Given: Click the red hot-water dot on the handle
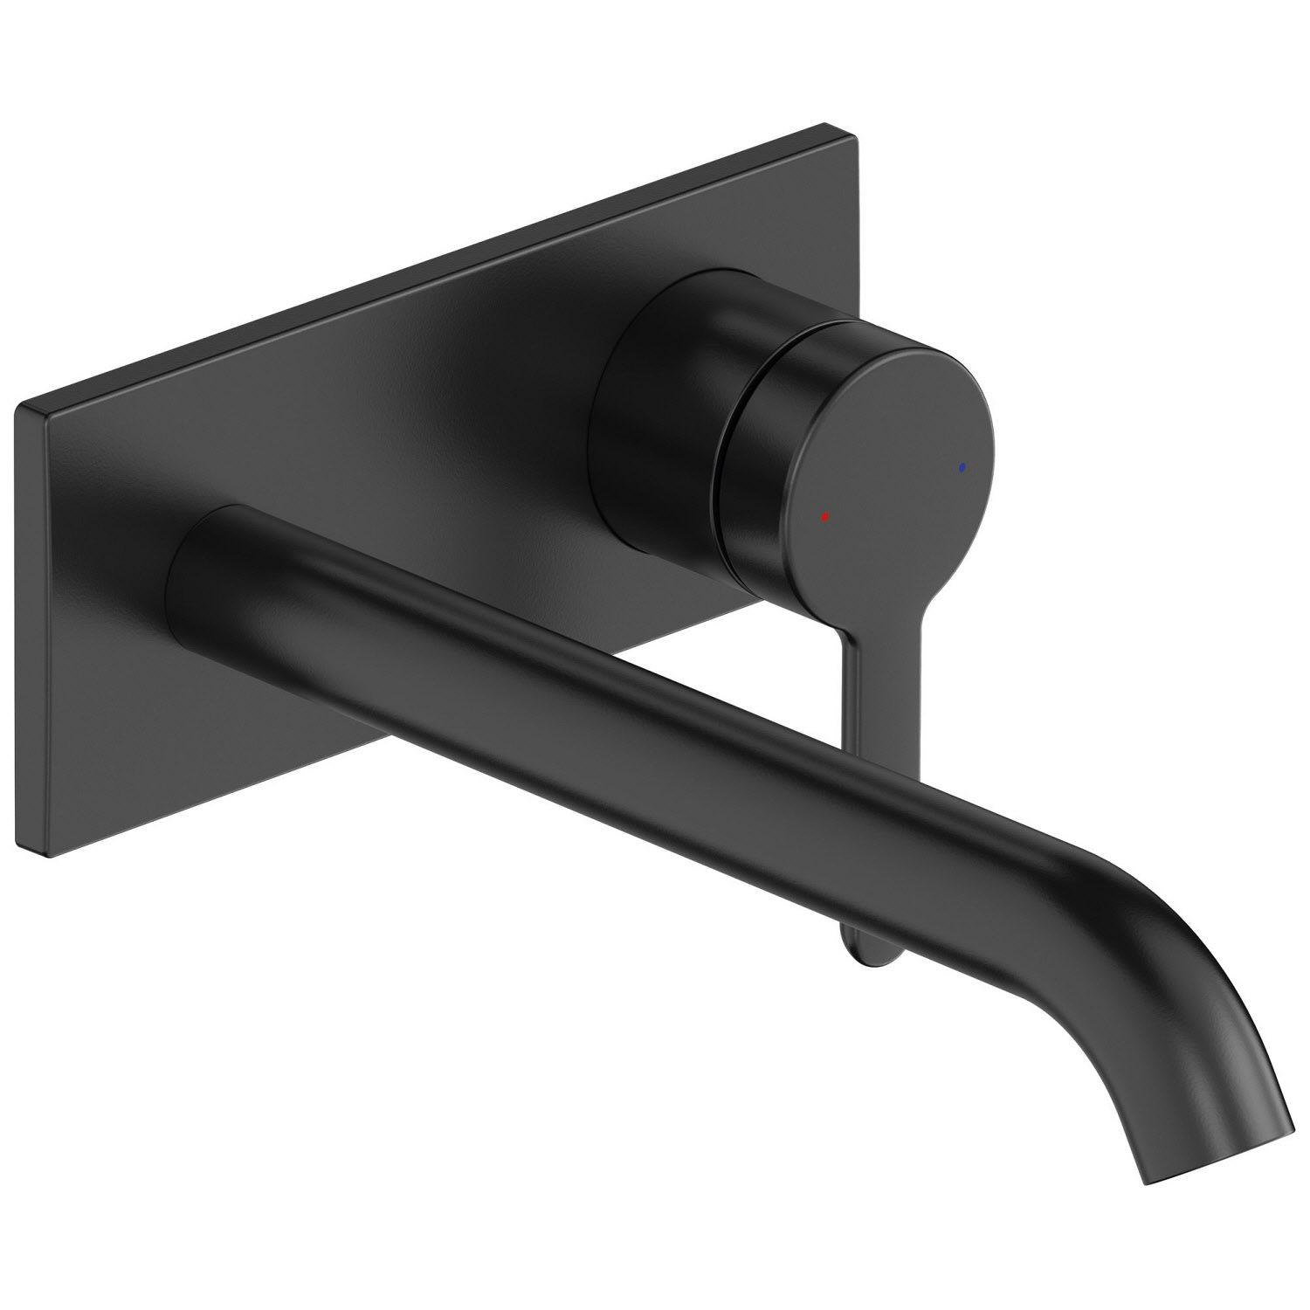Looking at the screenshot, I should (x=824, y=517).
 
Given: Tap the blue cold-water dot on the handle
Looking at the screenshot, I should (x=962, y=468).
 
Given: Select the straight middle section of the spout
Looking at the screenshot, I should (x=611, y=725).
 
